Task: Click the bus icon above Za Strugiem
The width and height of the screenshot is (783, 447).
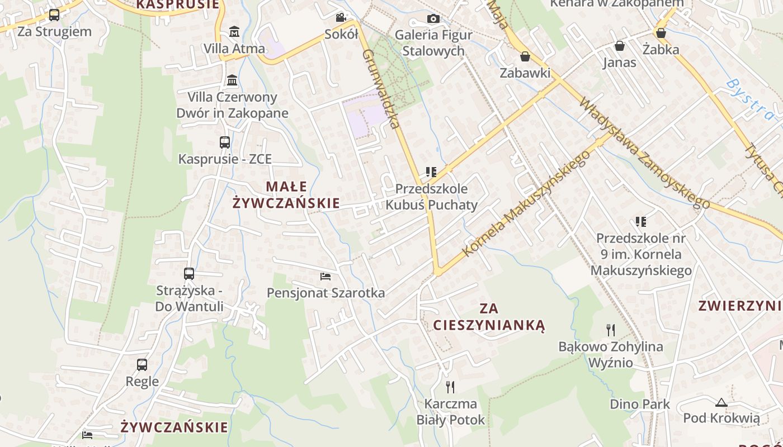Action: pos(54,15)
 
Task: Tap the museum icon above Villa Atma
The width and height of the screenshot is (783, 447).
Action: pos(234,31)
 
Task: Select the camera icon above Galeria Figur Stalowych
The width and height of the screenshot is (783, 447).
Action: pos(433,18)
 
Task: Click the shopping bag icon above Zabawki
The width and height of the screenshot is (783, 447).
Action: pos(525,56)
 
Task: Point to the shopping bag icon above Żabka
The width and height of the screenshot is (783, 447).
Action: pos(661,33)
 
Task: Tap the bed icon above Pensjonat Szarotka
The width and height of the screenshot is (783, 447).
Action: pos(326,276)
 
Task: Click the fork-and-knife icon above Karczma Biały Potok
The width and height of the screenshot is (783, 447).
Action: pos(450,387)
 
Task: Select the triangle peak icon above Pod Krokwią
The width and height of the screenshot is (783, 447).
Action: pos(721,402)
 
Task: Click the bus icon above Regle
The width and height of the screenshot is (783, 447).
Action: pos(142,365)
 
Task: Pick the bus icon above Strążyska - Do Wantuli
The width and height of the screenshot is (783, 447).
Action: pos(189,274)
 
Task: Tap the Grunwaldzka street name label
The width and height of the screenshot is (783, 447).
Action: pos(383,89)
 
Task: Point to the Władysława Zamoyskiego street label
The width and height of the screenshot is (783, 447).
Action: pos(643,154)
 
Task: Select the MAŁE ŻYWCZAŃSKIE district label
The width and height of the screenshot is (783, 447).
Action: pos(286,194)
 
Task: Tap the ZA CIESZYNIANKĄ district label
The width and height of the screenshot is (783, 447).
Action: pos(489,317)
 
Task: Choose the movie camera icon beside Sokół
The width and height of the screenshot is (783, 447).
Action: pos(341,18)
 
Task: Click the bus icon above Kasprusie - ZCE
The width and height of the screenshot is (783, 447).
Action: pos(225,142)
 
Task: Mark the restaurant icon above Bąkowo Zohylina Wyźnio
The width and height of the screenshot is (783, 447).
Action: pos(611,330)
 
